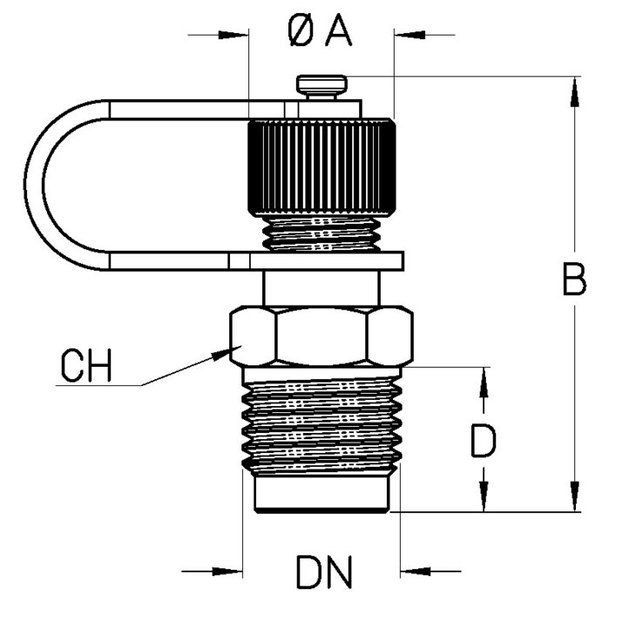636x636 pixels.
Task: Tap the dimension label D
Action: point(483,441)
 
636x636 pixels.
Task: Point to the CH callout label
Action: point(86,367)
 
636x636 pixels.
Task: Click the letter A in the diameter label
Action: point(338,32)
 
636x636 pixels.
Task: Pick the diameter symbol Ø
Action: point(301,33)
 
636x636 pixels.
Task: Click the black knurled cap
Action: point(321,169)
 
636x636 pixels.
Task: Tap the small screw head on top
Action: point(321,85)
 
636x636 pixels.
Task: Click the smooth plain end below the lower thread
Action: point(321,494)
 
